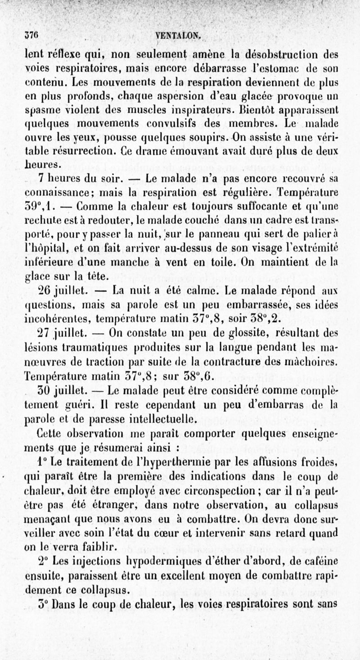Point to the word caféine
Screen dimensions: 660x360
pos(319,563)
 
